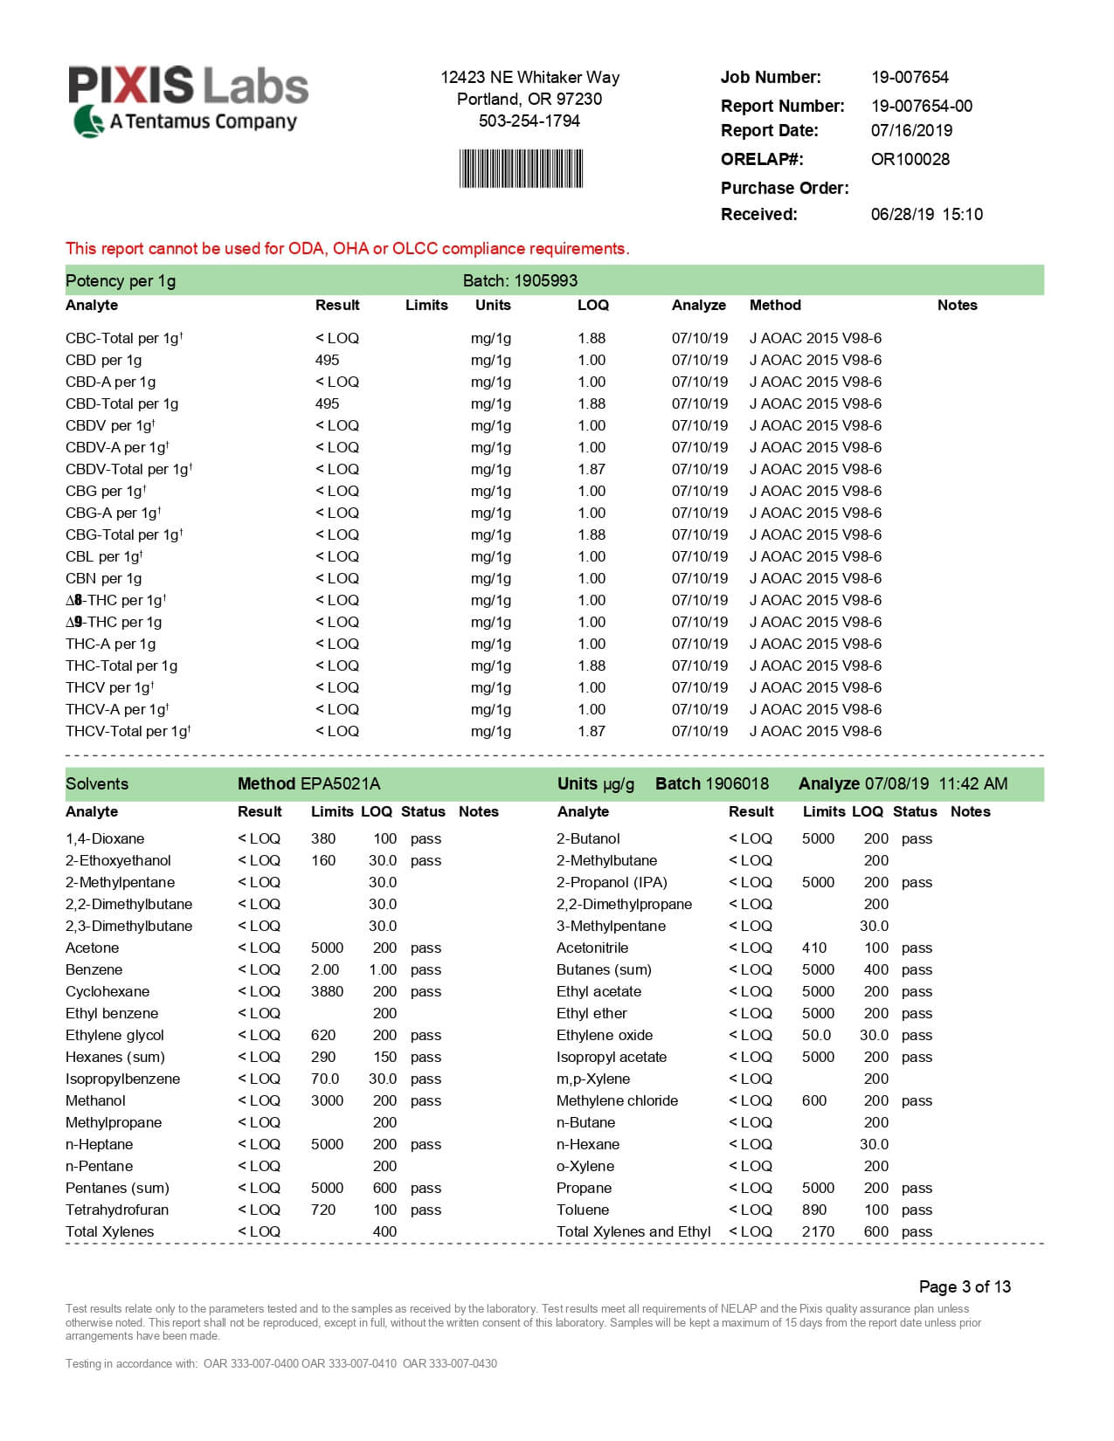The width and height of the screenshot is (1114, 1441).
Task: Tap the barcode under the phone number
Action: pos(521,169)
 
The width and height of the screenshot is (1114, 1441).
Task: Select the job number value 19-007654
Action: pos(910,78)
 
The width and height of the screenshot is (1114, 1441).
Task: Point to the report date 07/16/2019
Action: pos(911,131)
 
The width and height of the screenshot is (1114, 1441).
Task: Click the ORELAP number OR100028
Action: pos(910,160)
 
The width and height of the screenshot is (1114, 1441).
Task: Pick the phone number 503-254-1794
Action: pos(529,121)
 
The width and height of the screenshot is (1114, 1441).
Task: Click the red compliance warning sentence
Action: pos(347,249)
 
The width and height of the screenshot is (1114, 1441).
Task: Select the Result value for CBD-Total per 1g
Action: pos(328,404)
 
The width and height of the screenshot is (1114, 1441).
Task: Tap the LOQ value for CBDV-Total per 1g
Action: pos(592,470)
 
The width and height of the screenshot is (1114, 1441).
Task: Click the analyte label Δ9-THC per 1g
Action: pos(114,623)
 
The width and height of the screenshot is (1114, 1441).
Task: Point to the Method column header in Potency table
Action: pos(775,306)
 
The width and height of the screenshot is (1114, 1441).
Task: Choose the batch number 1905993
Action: pos(545,281)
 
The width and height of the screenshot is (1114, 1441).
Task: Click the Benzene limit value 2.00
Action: pos(325,970)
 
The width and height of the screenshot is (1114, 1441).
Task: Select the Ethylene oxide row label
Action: pos(605,1036)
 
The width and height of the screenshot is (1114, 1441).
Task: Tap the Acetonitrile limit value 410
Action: pos(814,948)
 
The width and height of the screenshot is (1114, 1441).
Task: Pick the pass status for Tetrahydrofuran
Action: pos(426,1210)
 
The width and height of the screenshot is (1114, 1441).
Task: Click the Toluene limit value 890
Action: pos(814,1210)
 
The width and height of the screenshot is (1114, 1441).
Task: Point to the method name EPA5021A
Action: pos(340,784)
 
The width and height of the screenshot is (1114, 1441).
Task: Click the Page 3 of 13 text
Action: pos(965,1287)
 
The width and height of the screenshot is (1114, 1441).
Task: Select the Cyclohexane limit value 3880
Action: pos(327,992)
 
